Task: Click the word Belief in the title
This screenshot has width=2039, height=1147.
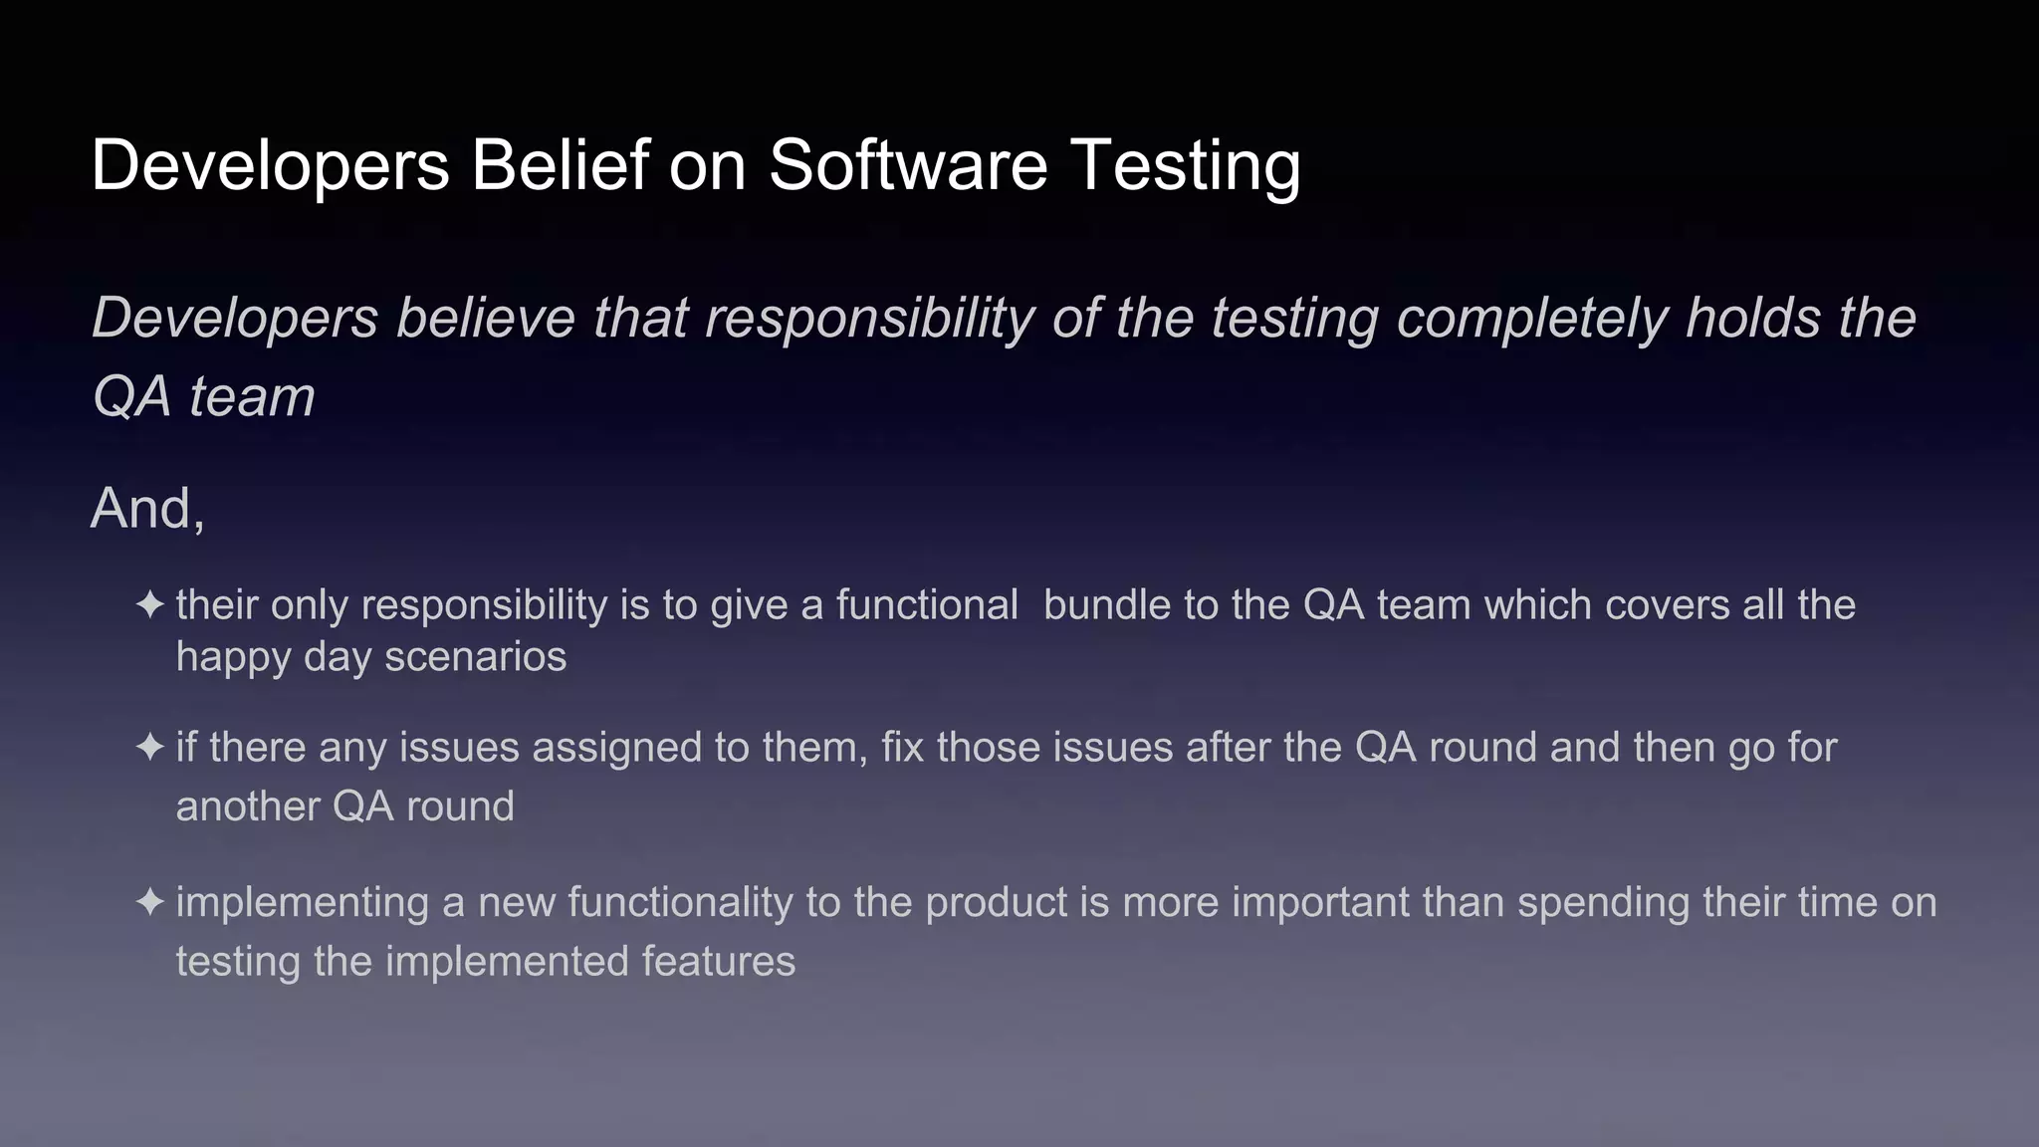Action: [x=560, y=165]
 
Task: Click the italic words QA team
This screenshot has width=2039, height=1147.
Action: [x=203, y=397]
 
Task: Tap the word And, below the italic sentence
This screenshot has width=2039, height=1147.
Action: [x=147, y=510]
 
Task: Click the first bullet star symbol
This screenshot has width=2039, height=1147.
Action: [x=150, y=604]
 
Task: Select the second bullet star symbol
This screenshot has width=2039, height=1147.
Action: [x=150, y=747]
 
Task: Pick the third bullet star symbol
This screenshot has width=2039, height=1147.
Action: [x=150, y=902]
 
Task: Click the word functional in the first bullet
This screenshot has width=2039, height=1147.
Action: [x=927, y=605]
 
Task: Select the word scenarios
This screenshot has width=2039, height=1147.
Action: [x=476, y=657]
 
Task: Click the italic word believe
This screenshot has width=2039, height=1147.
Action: [x=486, y=319]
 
